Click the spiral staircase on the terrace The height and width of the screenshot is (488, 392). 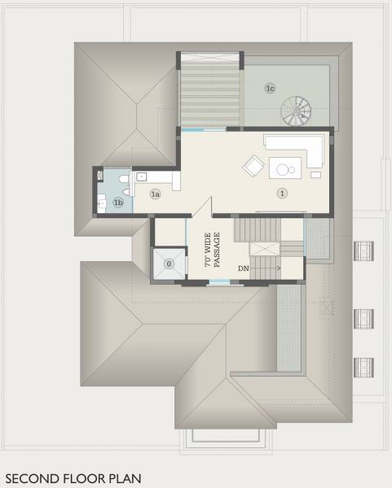click(x=296, y=109)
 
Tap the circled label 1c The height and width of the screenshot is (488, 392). click(x=271, y=87)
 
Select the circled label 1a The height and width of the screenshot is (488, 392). click(x=155, y=194)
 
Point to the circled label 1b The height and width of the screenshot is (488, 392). click(x=118, y=203)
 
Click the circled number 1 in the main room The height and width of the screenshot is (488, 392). click(x=282, y=194)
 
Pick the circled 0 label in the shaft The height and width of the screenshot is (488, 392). click(x=169, y=264)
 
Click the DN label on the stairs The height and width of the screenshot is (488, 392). click(x=244, y=268)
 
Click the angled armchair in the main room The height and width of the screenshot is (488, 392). click(x=253, y=167)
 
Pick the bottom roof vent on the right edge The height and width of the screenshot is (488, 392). click(x=363, y=367)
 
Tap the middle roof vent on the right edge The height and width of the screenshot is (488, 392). click(x=363, y=317)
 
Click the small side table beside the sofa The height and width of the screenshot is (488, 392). click(x=315, y=174)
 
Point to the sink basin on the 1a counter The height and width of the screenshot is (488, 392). click(x=141, y=176)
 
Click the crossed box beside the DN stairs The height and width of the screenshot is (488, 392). click(x=263, y=251)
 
